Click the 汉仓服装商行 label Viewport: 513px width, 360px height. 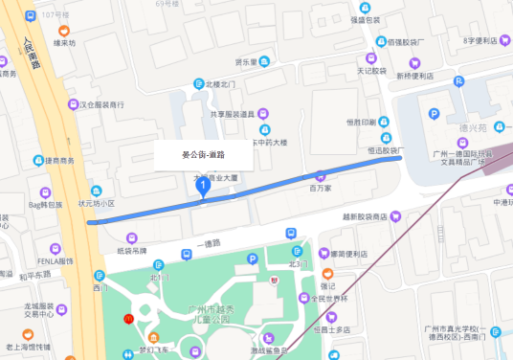click(x=101, y=104)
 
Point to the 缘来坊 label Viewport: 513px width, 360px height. click(x=64, y=42)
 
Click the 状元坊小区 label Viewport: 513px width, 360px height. click(x=96, y=203)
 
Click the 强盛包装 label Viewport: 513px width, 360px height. click(x=365, y=19)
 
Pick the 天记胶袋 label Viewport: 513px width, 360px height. click(x=371, y=70)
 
